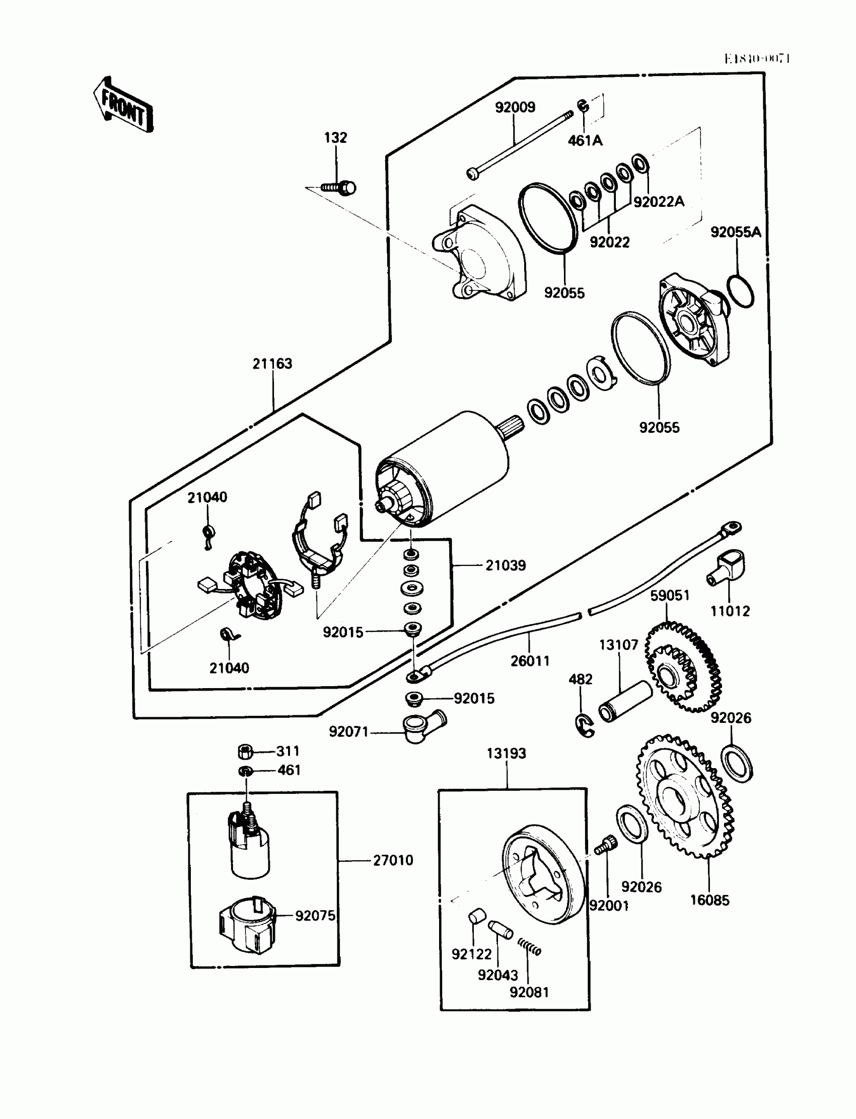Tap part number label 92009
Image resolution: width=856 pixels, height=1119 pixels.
tap(515, 107)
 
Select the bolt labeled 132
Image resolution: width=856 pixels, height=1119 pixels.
tap(340, 188)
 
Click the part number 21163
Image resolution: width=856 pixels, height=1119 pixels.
tap(272, 363)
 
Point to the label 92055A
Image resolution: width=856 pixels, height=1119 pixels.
tap(735, 232)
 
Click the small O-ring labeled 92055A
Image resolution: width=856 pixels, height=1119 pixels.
tap(740, 291)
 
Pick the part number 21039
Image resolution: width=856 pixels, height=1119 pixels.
tap(505, 565)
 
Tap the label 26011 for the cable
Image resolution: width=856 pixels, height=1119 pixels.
tap(530, 661)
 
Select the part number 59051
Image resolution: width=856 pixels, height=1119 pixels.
tap(670, 595)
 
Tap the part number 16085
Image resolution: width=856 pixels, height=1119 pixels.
tap(709, 900)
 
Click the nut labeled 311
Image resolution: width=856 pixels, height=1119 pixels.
tap(246, 751)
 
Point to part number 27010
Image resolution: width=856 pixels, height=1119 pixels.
tap(393, 860)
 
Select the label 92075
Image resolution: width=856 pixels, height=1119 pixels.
tap(315, 915)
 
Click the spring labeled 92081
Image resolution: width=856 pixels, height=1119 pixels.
tap(529, 947)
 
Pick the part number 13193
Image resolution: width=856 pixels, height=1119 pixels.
tap(506, 754)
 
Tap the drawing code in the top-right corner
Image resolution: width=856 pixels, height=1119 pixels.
tap(757, 59)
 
